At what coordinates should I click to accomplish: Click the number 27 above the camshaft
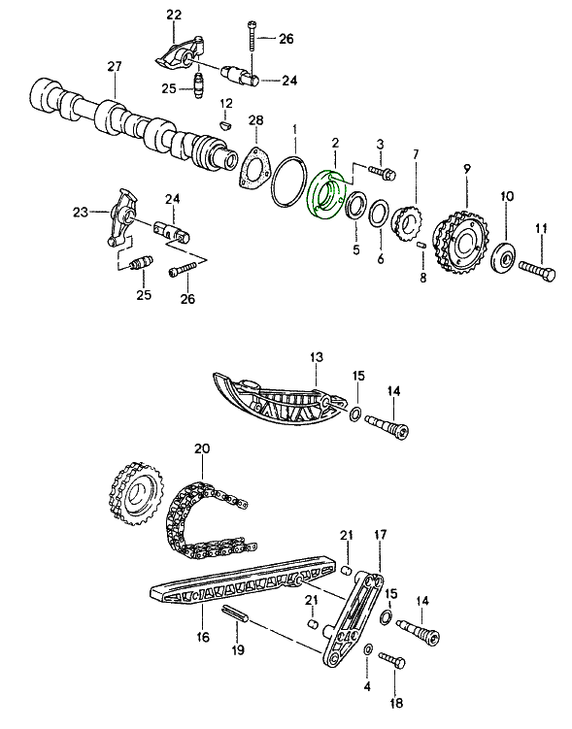[114, 66]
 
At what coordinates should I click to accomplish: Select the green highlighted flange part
[324, 195]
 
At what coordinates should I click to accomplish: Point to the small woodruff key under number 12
[226, 125]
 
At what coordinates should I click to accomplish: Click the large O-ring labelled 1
[289, 182]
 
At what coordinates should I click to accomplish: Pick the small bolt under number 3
[383, 174]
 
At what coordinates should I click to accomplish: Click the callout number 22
[174, 15]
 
